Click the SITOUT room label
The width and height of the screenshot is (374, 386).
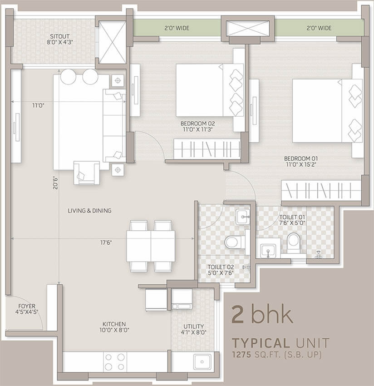pos(60,36)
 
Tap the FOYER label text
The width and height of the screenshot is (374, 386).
pos(27,306)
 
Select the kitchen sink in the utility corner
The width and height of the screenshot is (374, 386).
pos(202,361)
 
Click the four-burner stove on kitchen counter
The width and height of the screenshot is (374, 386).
pos(115,362)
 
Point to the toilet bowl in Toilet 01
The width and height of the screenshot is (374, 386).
pos(293,243)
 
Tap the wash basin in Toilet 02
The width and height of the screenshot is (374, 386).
pos(243,217)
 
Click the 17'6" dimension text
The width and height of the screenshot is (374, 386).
pos(106,243)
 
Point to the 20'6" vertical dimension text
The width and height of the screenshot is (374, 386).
pos(55,183)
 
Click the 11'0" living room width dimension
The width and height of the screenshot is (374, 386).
pos(38,106)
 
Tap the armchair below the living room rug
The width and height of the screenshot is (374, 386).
pos(87,173)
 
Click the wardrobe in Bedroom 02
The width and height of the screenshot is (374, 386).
pos(207,149)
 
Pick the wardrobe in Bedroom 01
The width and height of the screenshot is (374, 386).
pos(321,191)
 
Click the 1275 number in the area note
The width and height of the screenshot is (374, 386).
pos(242,355)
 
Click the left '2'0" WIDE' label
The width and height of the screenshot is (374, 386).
pos(177,28)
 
